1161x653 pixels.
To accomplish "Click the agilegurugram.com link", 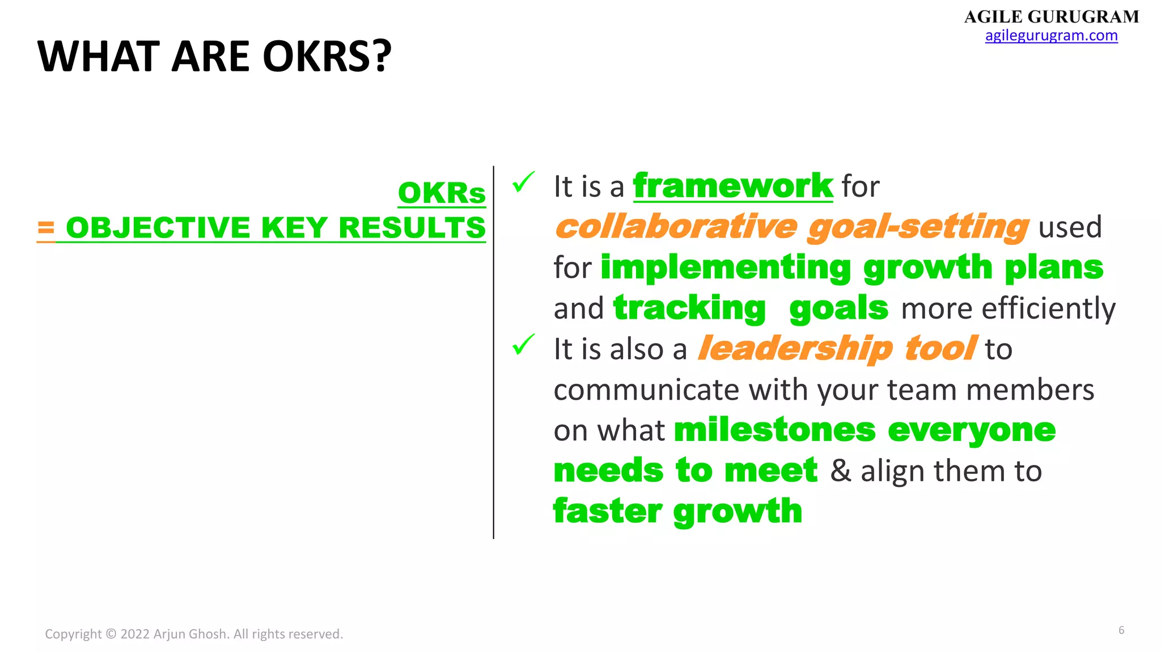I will point(1051,36).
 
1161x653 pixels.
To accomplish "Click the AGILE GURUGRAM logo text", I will point(1051,17).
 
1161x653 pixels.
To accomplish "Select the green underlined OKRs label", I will point(442,193).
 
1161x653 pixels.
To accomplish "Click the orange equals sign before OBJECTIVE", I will point(46,228).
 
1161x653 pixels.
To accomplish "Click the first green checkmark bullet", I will point(523,183).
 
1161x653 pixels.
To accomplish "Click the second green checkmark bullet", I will point(523,345).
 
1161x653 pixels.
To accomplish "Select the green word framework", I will point(732,186).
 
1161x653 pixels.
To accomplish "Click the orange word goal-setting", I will point(918,227).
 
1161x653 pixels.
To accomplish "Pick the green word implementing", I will point(726,268).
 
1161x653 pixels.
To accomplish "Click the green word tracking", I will point(689,308).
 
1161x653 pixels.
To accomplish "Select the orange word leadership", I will point(795,349).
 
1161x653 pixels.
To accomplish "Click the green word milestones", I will point(774,430).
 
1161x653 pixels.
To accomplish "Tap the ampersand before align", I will point(841,471).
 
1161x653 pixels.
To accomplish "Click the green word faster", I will point(607,511).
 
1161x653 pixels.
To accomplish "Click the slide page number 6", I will point(1121,630).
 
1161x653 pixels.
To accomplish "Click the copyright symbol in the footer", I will point(111,634).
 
